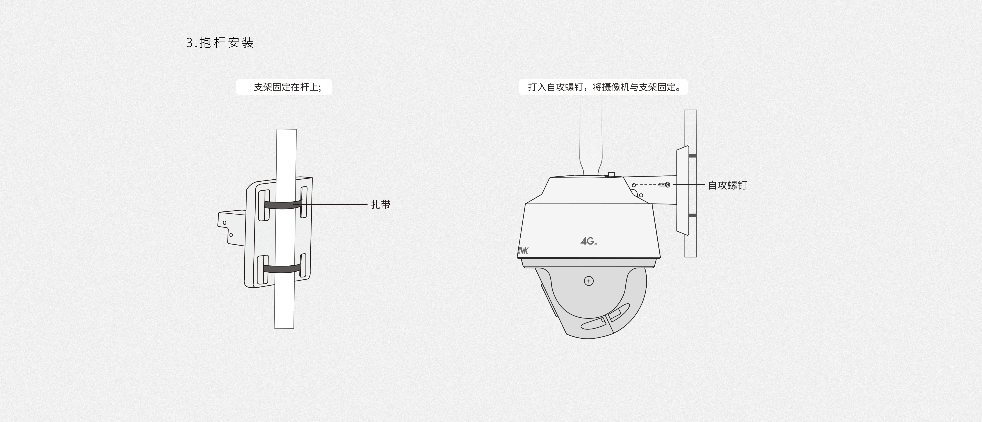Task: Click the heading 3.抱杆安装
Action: [x=220, y=42]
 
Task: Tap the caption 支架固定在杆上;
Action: [x=287, y=87]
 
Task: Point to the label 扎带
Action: [x=381, y=204]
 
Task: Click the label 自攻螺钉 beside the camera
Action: [x=727, y=185]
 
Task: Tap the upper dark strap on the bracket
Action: [x=283, y=205]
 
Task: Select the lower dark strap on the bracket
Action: [x=283, y=269]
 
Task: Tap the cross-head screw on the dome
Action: [x=589, y=281]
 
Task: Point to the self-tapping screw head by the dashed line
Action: [x=667, y=185]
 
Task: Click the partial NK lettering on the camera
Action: [x=523, y=251]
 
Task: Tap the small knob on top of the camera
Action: [x=611, y=175]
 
